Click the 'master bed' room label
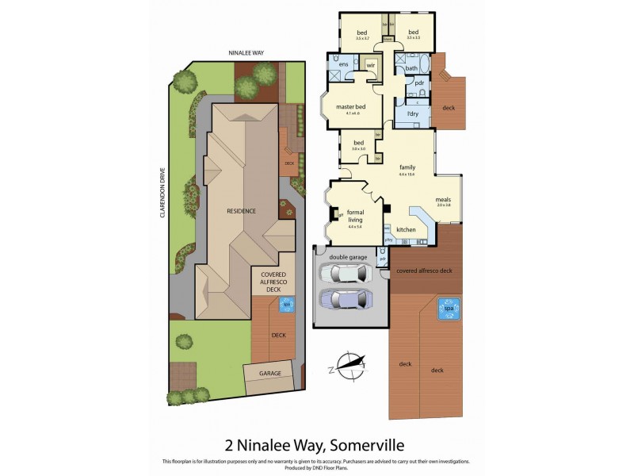click(350, 107)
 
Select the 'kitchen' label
click(406, 230)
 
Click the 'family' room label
click(407, 167)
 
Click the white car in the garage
click(344, 274)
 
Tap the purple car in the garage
click(344, 300)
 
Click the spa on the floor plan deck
click(449, 309)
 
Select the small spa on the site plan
click(286, 304)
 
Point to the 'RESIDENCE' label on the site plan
click(241, 211)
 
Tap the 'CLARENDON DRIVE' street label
click(162, 194)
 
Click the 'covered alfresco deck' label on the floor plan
click(424, 271)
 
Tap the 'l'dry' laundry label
click(412, 114)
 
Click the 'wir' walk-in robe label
click(370, 64)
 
